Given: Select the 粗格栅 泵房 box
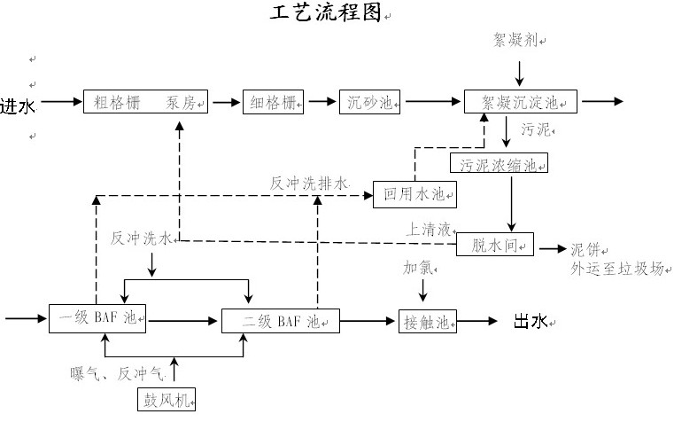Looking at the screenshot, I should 147,102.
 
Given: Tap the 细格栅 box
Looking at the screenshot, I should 273,102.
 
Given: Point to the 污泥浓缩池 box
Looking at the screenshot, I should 499,164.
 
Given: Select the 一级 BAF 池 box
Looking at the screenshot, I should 98,318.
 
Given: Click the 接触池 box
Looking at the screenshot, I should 428,320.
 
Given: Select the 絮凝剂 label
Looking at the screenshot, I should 517,40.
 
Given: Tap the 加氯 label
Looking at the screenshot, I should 420,267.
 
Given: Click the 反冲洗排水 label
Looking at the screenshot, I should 310,184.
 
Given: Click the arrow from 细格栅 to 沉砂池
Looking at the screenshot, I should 320,102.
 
